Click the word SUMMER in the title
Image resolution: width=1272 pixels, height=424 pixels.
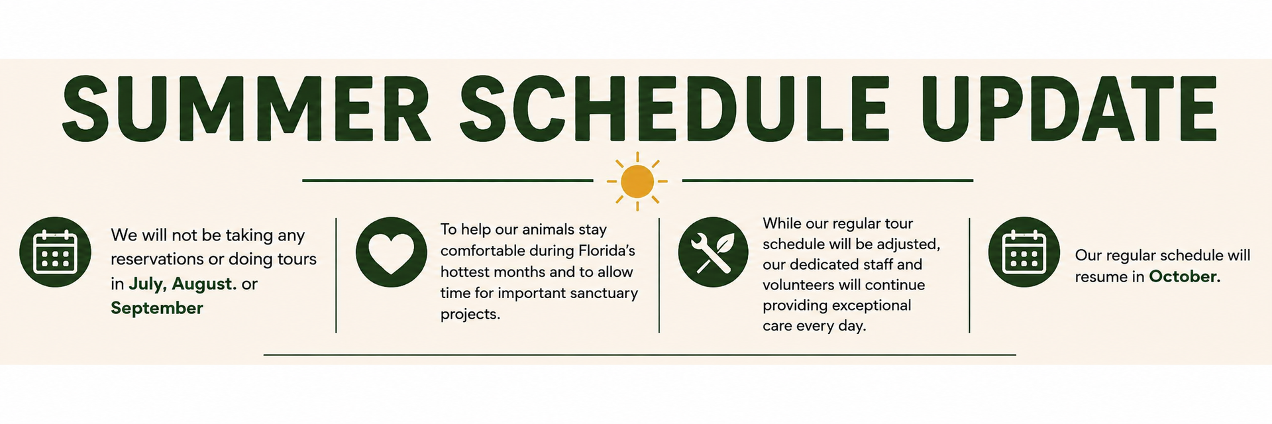click(246, 109)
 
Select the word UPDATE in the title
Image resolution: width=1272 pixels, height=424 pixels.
click(1069, 109)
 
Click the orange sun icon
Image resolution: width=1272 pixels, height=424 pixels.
click(637, 181)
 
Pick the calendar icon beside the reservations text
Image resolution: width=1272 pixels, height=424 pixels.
click(56, 252)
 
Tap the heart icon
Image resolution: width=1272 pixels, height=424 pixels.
click(392, 252)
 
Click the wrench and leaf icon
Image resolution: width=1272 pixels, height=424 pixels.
click(713, 252)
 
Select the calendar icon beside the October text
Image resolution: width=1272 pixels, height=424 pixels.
click(1024, 252)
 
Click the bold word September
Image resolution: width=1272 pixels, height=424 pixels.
click(157, 309)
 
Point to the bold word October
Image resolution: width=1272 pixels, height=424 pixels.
click(1185, 276)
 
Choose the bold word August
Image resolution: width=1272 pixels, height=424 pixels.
click(204, 284)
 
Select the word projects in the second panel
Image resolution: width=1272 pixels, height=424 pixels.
click(470, 315)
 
